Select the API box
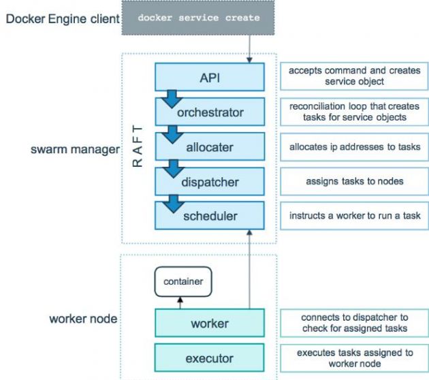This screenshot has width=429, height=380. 209,76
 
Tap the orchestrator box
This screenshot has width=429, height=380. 209,112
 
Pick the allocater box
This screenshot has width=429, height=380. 209,146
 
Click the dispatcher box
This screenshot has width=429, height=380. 209,181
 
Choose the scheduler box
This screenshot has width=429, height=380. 209,216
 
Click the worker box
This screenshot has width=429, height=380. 209,323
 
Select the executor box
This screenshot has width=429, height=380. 209,358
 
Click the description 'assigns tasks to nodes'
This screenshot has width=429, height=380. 354,181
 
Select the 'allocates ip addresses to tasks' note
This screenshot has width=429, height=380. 354,146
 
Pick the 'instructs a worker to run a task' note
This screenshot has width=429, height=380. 354,216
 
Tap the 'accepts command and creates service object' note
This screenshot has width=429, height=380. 354,76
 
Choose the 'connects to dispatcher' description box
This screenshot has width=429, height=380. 354,323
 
